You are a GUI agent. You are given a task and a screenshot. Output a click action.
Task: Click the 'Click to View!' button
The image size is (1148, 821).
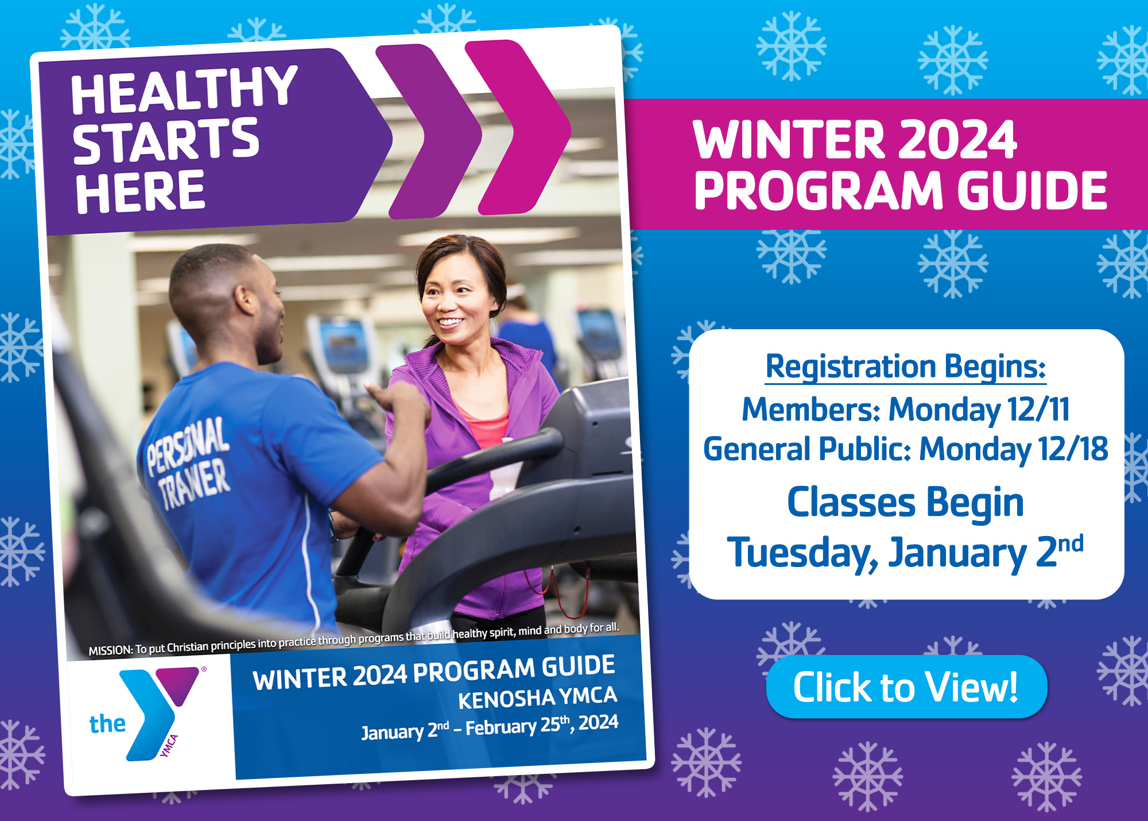click(x=906, y=687)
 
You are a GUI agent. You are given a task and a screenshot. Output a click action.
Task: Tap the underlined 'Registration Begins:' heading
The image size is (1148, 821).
click(x=906, y=367)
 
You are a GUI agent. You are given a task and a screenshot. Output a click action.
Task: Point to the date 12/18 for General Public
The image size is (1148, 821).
click(x=1072, y=449)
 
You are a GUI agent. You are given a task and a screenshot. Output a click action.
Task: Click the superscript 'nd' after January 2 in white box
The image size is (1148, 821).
click(x=1071, y=543)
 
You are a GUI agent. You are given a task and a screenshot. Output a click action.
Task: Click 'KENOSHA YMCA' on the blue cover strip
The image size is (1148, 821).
click(x=537, y=698)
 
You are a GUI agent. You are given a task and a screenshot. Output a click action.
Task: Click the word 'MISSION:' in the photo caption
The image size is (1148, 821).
click(x=110, y=650)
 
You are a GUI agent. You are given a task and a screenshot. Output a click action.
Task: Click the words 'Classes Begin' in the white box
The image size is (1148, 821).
click(x=905, y=502)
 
